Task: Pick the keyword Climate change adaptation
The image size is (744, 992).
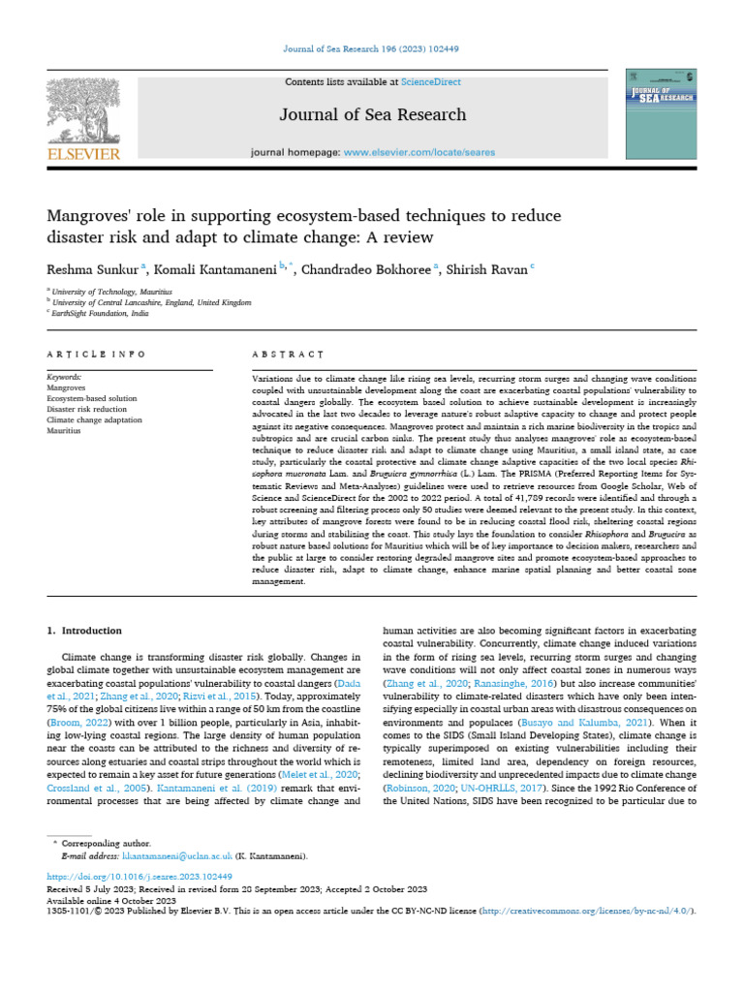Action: point(95,419)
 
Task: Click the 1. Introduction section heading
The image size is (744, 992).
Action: point(85,631)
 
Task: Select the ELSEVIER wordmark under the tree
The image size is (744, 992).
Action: point(84,154)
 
